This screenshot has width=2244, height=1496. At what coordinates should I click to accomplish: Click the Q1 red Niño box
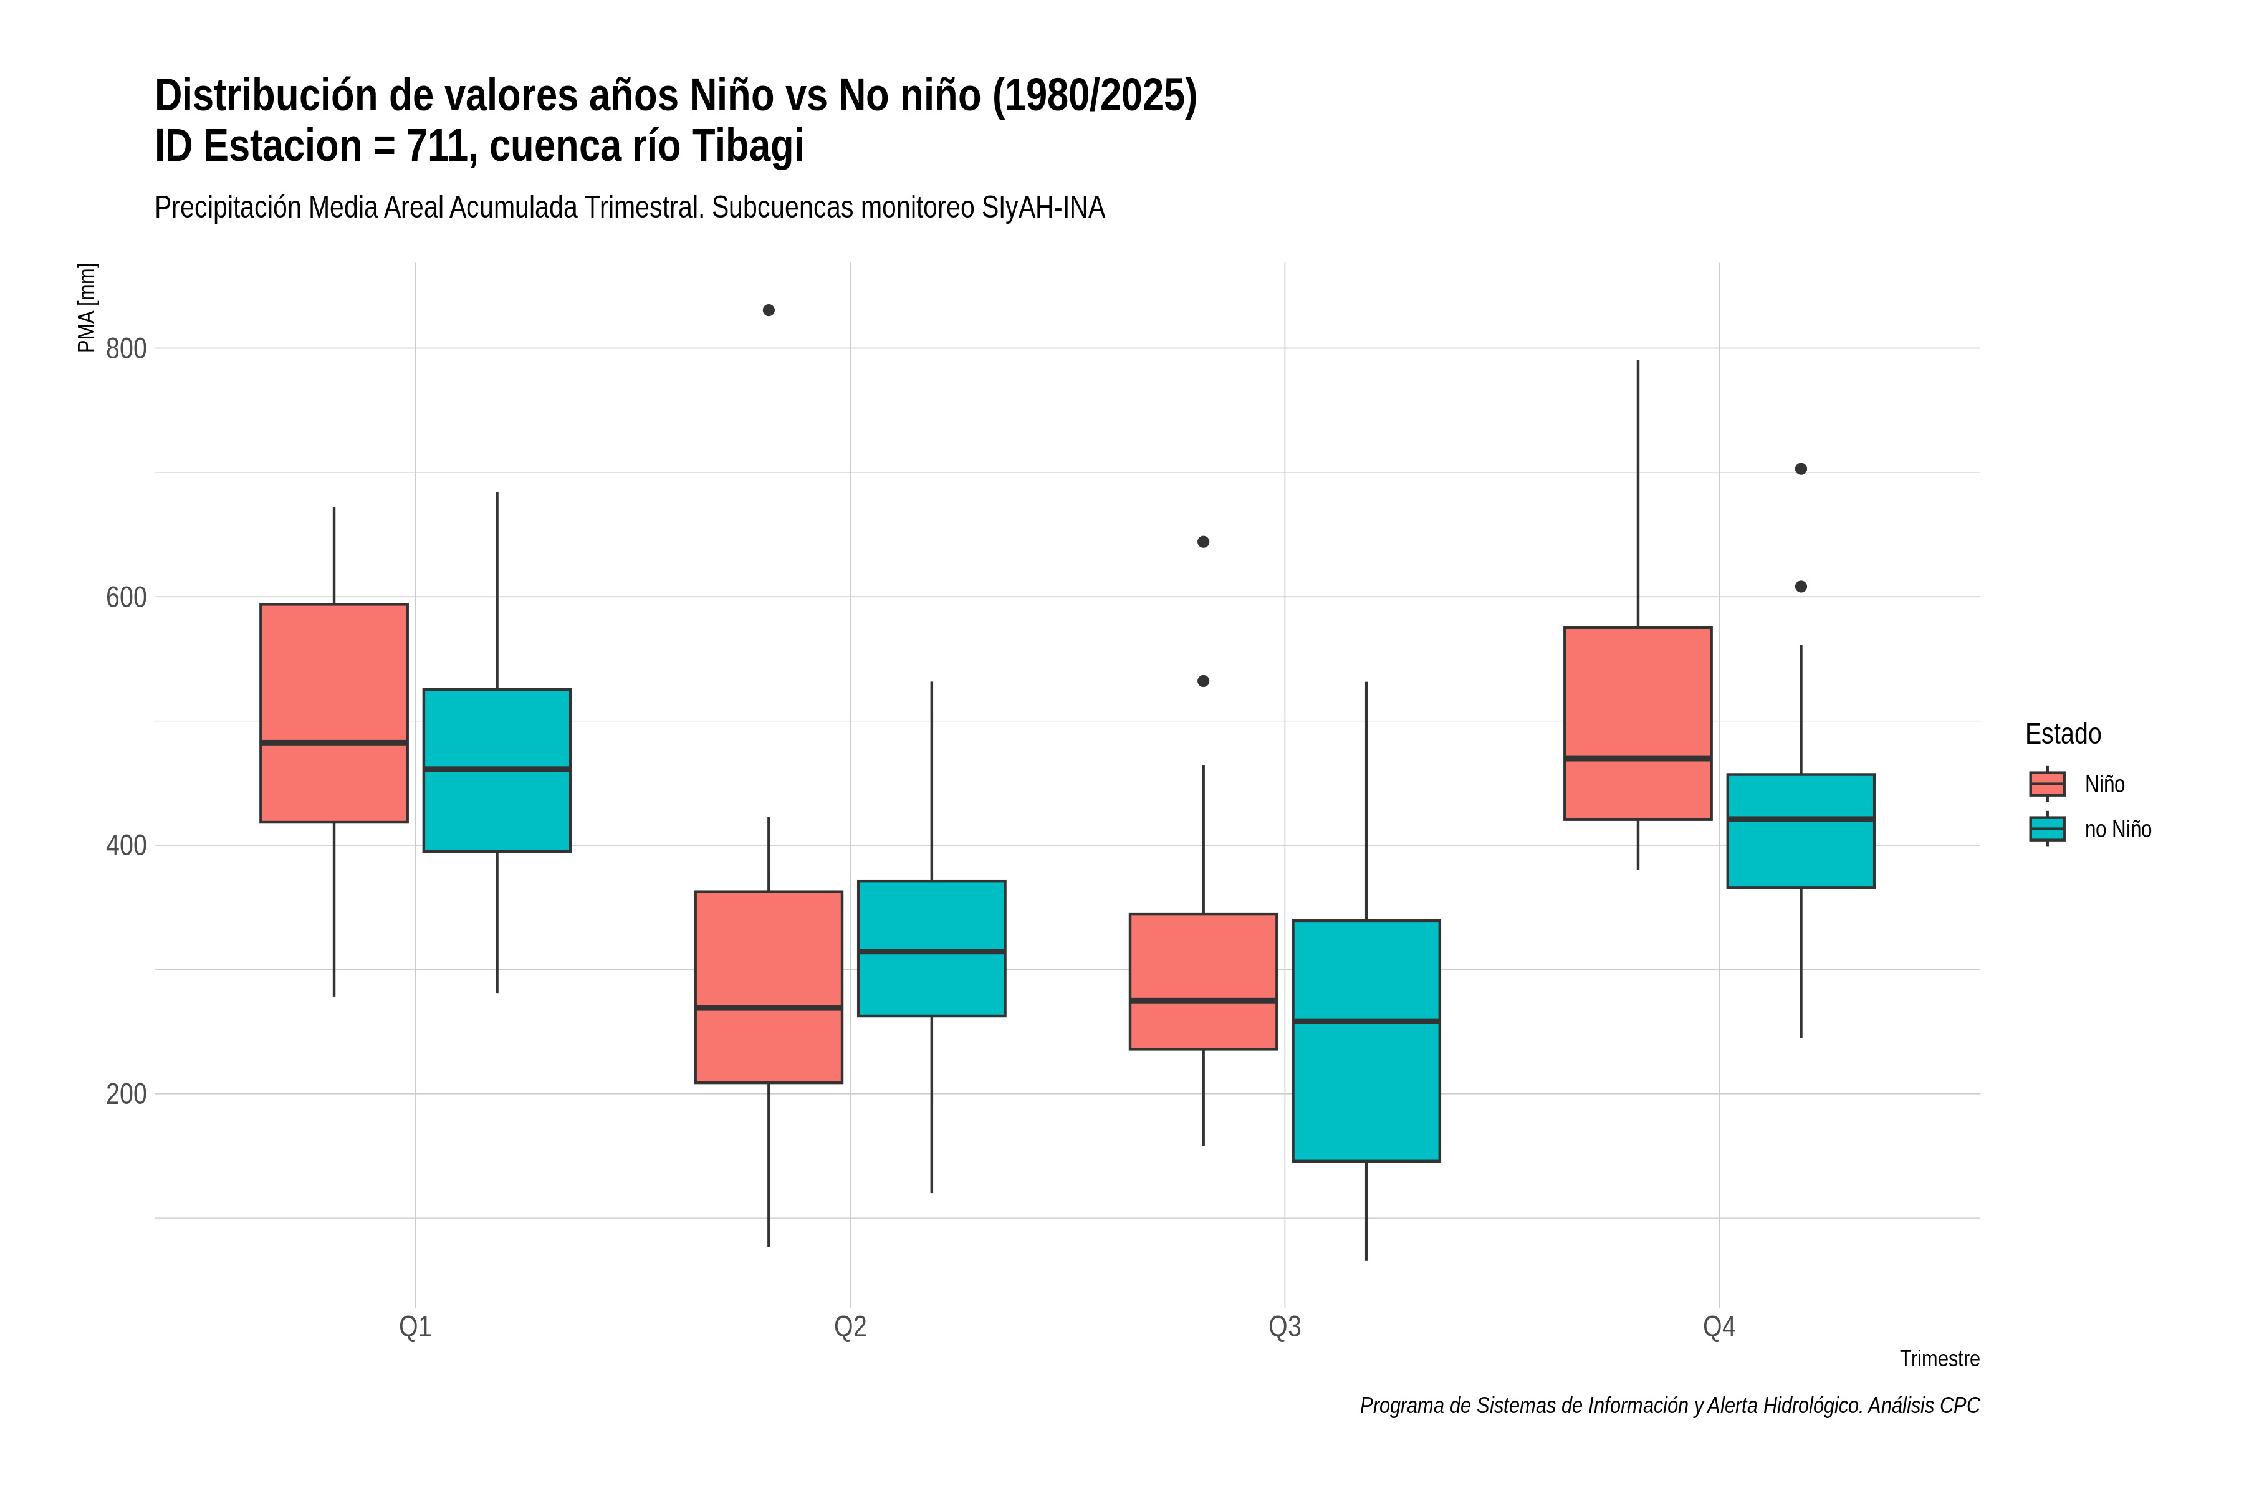(x=334, y=712)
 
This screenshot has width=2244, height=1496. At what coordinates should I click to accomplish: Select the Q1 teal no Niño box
(x=497, y=770)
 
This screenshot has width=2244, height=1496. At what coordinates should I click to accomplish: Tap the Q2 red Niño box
(x=769, y=987)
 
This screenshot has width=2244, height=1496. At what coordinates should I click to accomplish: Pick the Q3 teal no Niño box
(x=1366, y=1041)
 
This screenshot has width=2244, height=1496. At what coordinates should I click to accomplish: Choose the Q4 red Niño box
(x=1638, y=723)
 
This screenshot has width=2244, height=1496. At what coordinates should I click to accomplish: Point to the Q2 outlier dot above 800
(x=769, y=310)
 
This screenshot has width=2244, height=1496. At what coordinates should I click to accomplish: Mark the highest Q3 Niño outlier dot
(x=1203, y=542)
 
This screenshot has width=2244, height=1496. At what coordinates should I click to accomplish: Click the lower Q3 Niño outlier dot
(x=1203, y=681)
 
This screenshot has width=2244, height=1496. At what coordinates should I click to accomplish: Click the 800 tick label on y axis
(x=126, y=348)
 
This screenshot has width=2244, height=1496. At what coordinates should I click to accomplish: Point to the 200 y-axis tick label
(x=126, y=1093)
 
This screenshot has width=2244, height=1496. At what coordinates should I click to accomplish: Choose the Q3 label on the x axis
(x=1284, y=1327)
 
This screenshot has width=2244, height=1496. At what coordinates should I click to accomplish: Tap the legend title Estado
(x=2063, y=734)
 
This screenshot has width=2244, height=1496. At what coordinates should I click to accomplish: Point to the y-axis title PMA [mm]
(x=87, y=307)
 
